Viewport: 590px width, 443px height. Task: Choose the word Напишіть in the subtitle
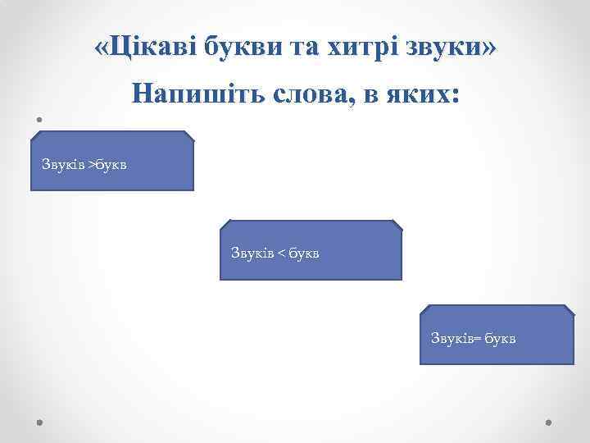point(192,94)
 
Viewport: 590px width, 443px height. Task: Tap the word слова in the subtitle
point(306,94)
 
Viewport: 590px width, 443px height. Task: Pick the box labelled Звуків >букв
point(112,161)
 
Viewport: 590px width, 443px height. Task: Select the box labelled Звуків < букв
point(311,249)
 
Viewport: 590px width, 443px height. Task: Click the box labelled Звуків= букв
point(497,335)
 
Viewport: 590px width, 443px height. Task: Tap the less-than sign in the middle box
point(280,253)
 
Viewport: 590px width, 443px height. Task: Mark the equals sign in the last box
point(476,338)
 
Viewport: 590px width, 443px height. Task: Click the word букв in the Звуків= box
point(499,338)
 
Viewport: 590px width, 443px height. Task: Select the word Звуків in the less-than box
point(251,253)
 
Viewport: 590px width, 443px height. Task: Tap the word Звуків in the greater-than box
point(64,165)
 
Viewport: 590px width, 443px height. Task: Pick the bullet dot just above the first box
point(39,119)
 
